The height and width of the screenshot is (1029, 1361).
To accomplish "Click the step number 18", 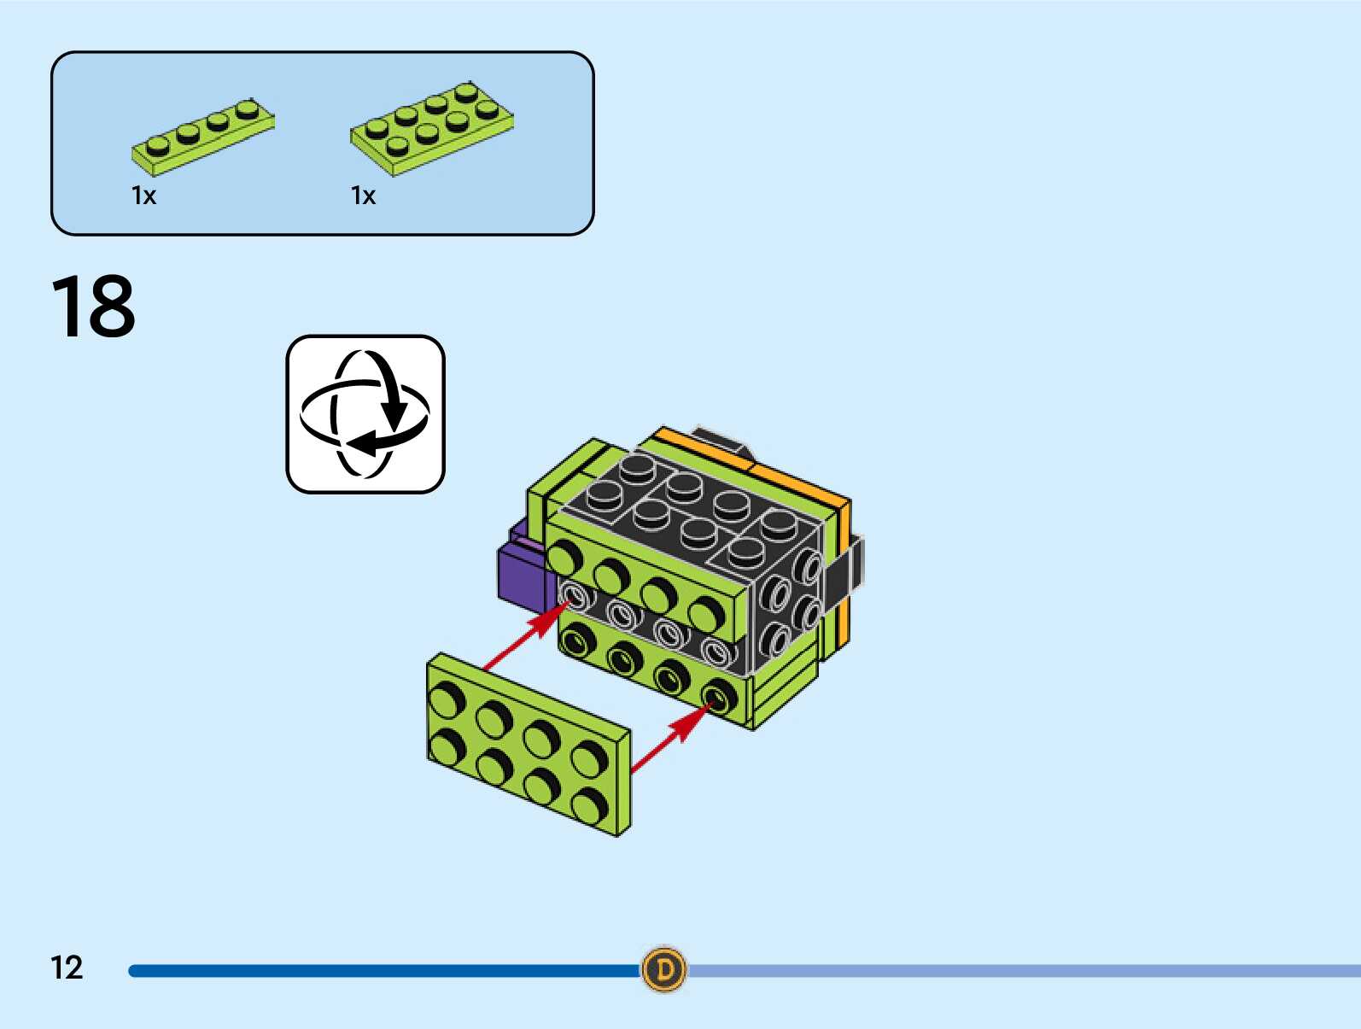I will pyautogui.click(x=93, y=307).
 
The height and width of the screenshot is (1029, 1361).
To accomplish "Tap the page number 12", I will pyautogui.click(x=67, y=968).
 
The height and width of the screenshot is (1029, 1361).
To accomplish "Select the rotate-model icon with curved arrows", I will pyautogui.click(x=365, y=414).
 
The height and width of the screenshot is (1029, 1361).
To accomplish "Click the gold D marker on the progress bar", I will pyautogui.click(x=663, y=969).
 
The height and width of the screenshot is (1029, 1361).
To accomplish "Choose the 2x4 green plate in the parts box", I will pyautogui.click(x=432, y=128).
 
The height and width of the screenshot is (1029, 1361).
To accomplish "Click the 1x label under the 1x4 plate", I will pyautogui.click(x=143, y=196).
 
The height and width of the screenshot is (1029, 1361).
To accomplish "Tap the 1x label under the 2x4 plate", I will pyautogui.click(x=363, y=196).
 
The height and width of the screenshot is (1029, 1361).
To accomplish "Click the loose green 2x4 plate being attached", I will pyautogui.click(x=529, y=743).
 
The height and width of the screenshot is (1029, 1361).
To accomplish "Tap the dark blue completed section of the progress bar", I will pyautogui.click(x=384, y=971).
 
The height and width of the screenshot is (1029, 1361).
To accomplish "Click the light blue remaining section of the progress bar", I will pyautogui.click(x=1025, y=971).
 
